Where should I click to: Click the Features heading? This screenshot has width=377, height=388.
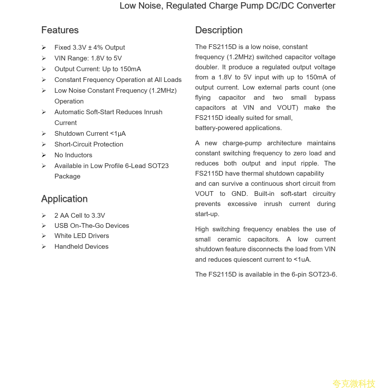click(60, 30)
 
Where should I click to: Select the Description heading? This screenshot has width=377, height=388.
click(219, 30)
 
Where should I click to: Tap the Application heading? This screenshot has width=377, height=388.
click(64, 199)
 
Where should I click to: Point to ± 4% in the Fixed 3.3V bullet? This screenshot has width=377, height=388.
click(95, 47)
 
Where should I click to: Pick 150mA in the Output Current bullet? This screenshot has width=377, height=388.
click(131, 69)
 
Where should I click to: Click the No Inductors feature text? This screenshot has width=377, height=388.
click(73, 155)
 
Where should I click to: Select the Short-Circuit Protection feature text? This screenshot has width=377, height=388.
click(89, 144)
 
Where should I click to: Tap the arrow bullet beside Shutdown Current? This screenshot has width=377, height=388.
click(44, 134)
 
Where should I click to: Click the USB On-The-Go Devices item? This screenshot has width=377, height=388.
click(92, 226)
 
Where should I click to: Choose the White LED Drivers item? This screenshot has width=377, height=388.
click(81, 236)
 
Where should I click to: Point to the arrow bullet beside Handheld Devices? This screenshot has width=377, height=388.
click(44, 247)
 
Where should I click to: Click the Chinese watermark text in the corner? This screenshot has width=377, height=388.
click(354, 384)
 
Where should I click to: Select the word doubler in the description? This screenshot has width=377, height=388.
click(207, 67)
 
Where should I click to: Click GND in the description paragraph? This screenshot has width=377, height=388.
click(240, 194)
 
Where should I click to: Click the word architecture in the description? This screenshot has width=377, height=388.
click(284, 143)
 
